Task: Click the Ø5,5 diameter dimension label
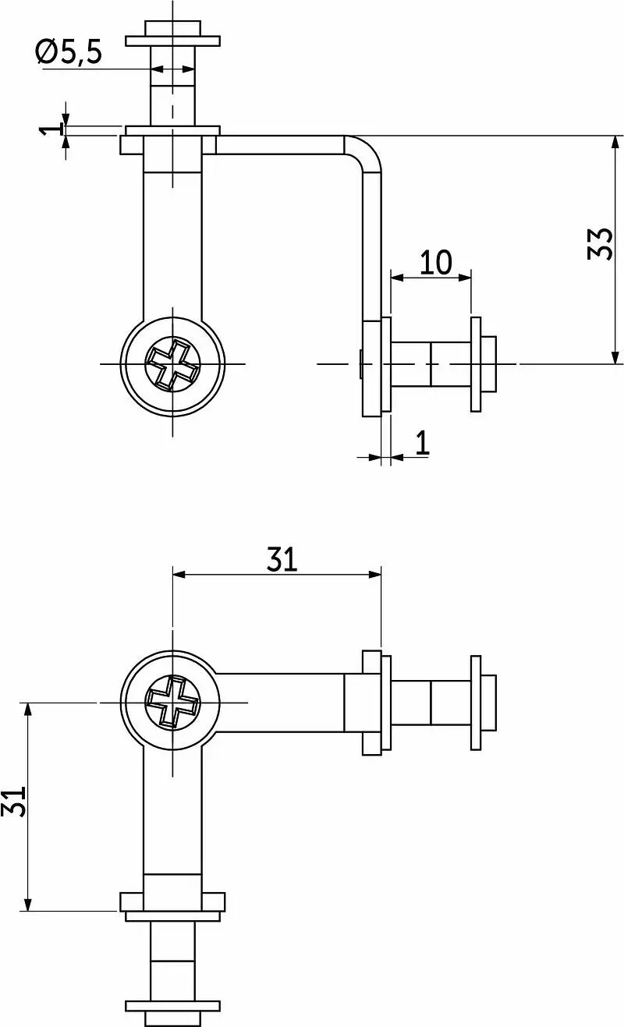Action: (69, 51)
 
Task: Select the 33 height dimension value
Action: (600, 244)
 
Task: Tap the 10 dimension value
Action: (435, 262)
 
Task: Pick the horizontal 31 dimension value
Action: (282, 559)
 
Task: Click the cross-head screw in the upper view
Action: (172, 364)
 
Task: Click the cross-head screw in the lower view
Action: (172, 703)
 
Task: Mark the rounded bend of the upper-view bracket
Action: (368, 150)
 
